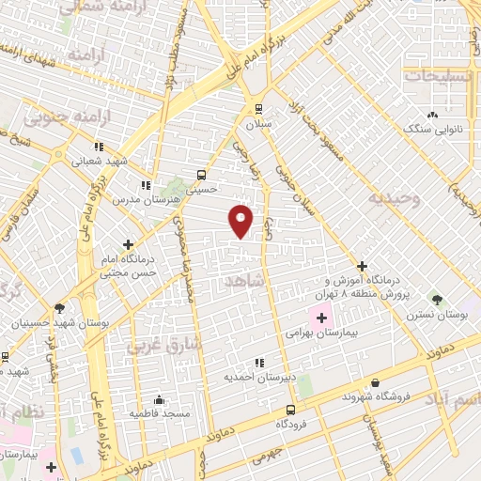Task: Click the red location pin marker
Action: (241, 220)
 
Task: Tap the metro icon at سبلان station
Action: (257, 108)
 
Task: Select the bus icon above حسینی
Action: (201, 174)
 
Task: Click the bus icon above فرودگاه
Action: (290, 410)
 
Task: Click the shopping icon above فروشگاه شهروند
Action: (376, 382)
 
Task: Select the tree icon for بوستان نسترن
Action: (436, 298)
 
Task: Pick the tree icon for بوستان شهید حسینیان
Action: (60, 307)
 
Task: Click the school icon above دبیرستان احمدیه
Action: (259, 363)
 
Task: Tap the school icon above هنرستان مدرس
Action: (145, 186)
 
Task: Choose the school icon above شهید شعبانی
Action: (99, 147)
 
